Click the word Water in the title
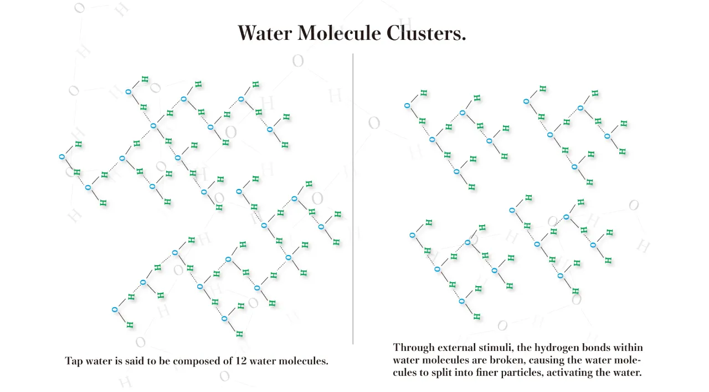pyautogui.click(x=265, y=33)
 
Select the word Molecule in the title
pyautogui.click(x=339, y=33)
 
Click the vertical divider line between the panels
pyautogui.click(x=353, y=198)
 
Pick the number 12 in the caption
pyautogui.click(x=241, y=360)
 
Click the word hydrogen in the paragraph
pyautogui.click(x=557, y=348)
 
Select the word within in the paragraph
pyautogui.click(x=628, y=347)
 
